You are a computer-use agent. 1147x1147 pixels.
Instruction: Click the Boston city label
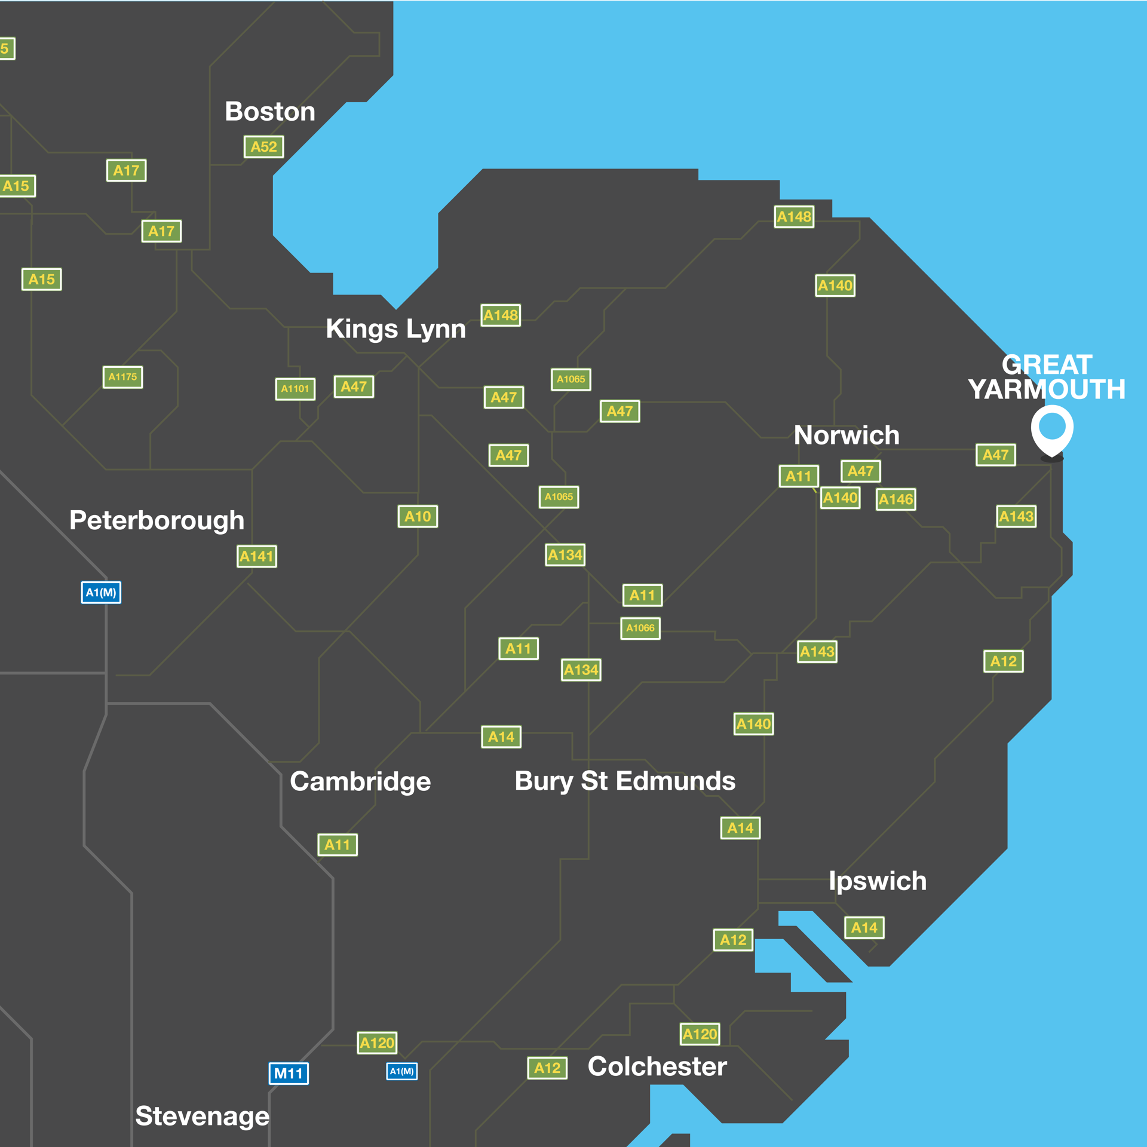(270, 112)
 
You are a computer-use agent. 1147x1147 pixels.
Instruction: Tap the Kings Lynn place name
(395, 329)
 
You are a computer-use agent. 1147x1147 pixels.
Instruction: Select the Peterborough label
(157, 520)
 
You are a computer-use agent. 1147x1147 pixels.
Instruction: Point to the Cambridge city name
(360, 781)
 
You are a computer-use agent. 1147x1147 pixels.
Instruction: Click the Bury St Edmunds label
(625, 781)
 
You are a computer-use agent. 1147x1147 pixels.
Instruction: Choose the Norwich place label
(847, 435)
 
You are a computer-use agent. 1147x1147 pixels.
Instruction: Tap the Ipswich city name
(878, 881)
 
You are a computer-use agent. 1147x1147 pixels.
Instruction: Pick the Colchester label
(657, 1066)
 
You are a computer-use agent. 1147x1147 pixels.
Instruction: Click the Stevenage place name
(202, 1116)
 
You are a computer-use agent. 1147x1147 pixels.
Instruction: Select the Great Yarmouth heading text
(1047, 377)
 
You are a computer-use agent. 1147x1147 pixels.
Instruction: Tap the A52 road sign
(263, 147)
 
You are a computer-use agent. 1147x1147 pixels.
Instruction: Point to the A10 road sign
(418, 516)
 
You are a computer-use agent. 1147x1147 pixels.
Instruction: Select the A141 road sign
(257, 556)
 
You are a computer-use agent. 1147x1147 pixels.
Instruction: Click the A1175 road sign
(122, 377)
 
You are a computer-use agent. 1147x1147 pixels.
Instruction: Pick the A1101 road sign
(295, 389)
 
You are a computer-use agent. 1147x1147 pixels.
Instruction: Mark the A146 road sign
(895, 499)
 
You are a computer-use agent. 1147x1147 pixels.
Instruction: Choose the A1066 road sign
(640, 628)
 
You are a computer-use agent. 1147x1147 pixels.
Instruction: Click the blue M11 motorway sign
(289, 1074)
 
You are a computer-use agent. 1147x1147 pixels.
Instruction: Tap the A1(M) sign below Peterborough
(101, 593)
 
